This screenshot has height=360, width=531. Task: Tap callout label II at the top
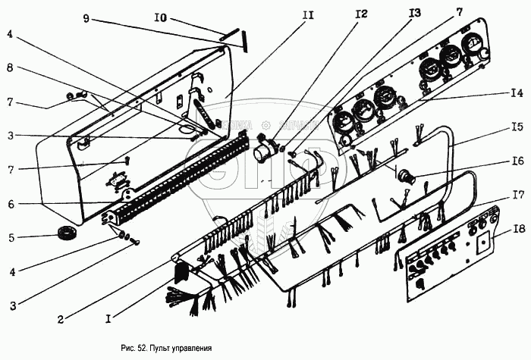click(x=307, y=14)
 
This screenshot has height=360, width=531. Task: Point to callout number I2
click(x=360, y=14)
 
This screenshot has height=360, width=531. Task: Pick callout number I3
click(x=414, y=13)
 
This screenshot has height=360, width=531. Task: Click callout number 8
click(x=10, y=67)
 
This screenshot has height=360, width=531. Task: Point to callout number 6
click(x=10, y=204)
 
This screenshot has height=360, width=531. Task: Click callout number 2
click(x=60, y=320)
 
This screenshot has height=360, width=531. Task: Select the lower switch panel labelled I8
click(x=448, y=254)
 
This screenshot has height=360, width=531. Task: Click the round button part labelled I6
click(x=409, y=176)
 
